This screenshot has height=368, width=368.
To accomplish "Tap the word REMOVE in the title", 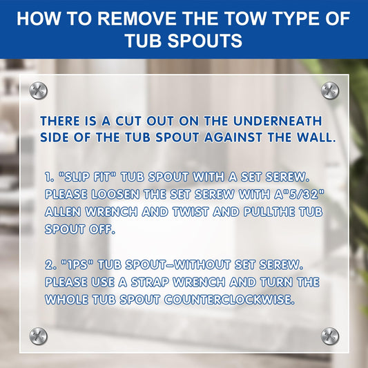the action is click(137, 19).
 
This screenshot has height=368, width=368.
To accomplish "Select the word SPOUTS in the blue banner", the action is click(204, 41).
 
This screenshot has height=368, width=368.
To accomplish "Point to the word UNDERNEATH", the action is click(278, 121).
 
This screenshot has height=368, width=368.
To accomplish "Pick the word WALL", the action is click(316, 137).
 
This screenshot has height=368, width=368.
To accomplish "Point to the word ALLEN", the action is click(63, 212).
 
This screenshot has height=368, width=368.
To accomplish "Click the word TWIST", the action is click(191, 212).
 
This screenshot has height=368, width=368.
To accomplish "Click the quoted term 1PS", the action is click(77, 264).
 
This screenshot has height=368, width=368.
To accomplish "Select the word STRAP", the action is click(150, 282).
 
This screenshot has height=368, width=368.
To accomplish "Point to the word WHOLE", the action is click(66, 300).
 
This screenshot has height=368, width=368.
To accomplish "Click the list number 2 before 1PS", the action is click(50, 264).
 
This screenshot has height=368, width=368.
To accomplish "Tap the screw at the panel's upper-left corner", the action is click(38, 90).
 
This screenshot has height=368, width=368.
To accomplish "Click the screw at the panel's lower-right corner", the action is click(330, 336).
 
